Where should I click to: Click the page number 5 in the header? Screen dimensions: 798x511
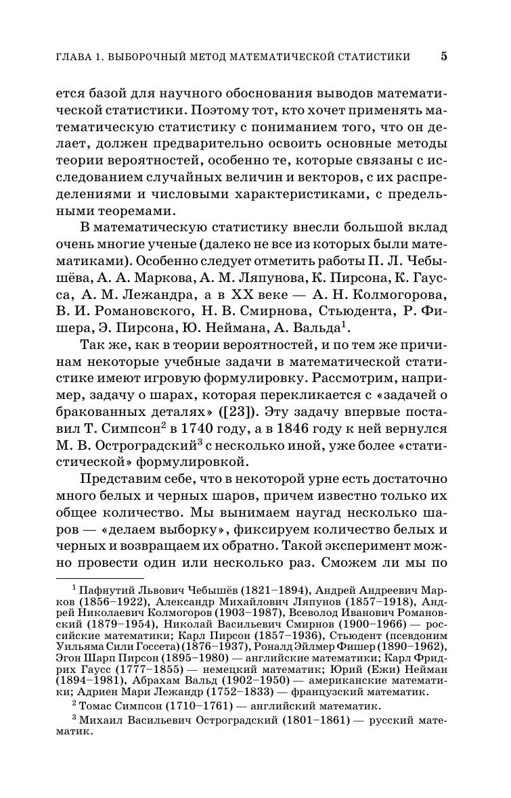click(444, 56)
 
